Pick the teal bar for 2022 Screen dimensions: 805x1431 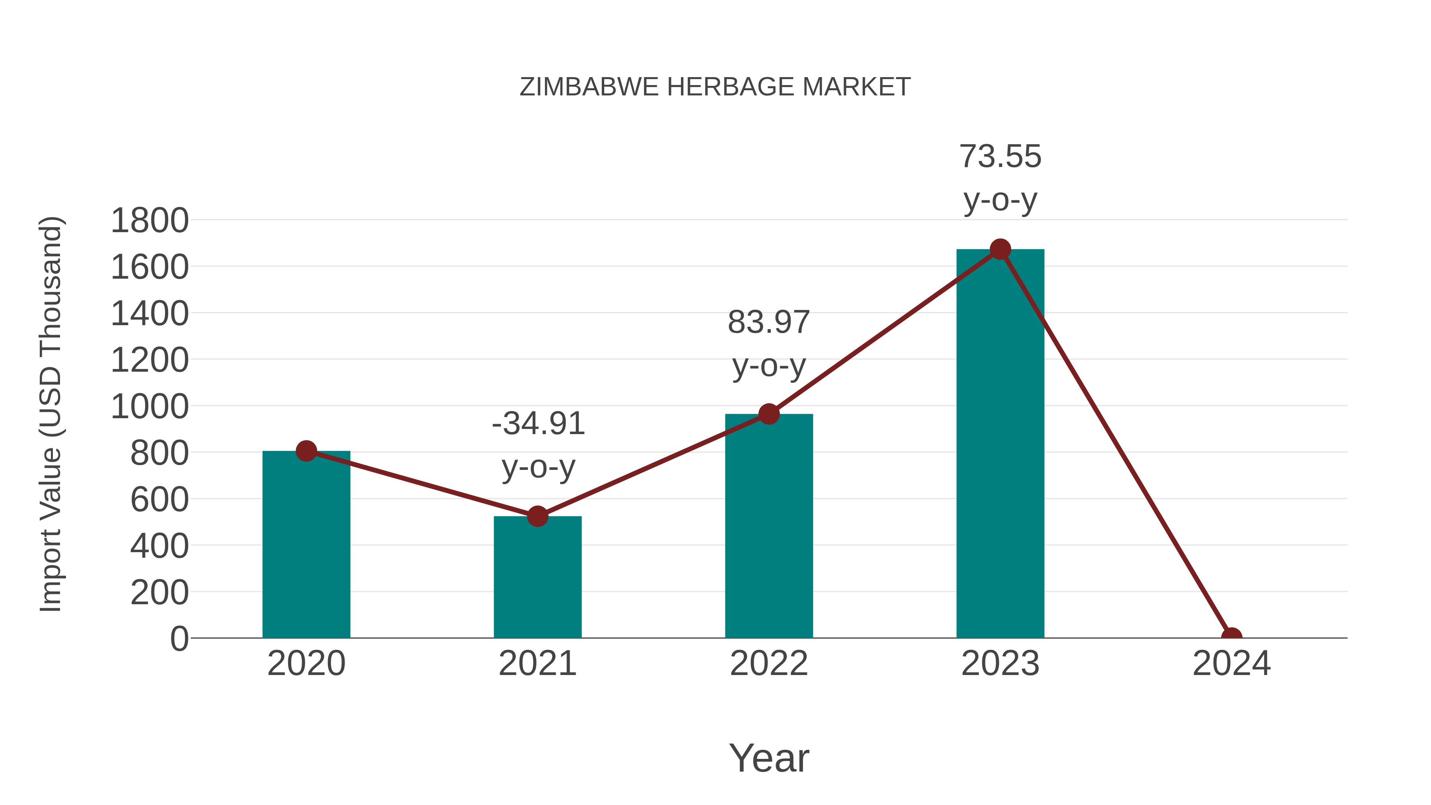(x=769, y=528)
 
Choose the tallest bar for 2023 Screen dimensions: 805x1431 (x=1000, y=444)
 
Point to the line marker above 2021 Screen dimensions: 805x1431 (x=537, y=516)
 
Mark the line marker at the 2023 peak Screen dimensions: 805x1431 (x=1000, y=249)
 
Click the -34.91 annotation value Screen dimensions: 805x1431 (x=538, y=423)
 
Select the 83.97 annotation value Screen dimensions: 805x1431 (x=769, y=322)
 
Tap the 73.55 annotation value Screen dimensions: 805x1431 (x=1000, y=156)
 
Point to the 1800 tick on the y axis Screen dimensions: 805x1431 (x=149, y=221)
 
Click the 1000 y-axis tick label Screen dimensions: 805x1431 (x=149, y=407)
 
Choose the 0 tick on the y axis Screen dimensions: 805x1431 (x=179, y=638)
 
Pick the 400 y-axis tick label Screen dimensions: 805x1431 (x=159, y=546)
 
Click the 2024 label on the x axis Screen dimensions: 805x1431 (x=1231, y=663)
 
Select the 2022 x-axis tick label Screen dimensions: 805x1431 (x=769, y=663)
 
